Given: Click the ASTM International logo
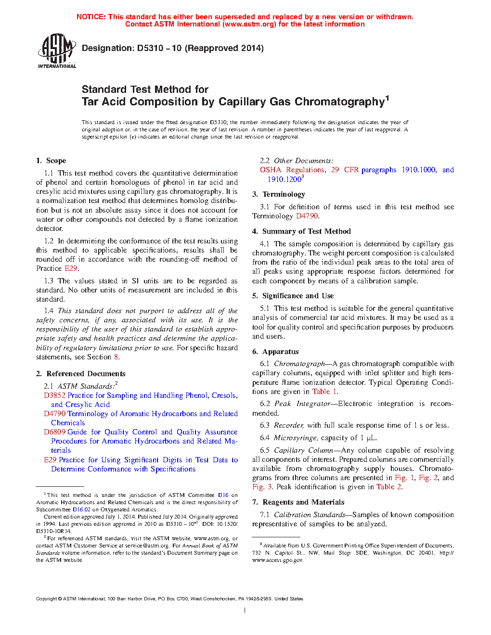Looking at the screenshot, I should click(x=57, y=51).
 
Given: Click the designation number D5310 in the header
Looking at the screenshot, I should click(x=150, y=48).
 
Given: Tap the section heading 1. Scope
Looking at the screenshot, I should click(x=51, y=161).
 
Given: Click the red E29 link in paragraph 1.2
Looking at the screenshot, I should click(x=70, y=268).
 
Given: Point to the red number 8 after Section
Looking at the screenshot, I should click(x=116, y=357).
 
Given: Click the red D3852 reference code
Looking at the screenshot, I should click(x=54, y=395).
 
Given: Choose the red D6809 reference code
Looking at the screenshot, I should click(x=54, y=432).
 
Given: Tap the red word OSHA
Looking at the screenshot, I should click(x=271, y=170).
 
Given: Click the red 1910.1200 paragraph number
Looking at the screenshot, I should click(x=284, y=179).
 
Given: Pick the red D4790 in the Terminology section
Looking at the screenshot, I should click(x=307, y=216).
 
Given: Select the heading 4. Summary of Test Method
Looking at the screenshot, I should click(x=301, y=231).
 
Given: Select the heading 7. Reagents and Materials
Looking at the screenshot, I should click(x=298, y=502).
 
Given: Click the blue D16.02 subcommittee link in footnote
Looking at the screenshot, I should click(x=81, y=509).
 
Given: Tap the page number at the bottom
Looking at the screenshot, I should click(x=245, y=610).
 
